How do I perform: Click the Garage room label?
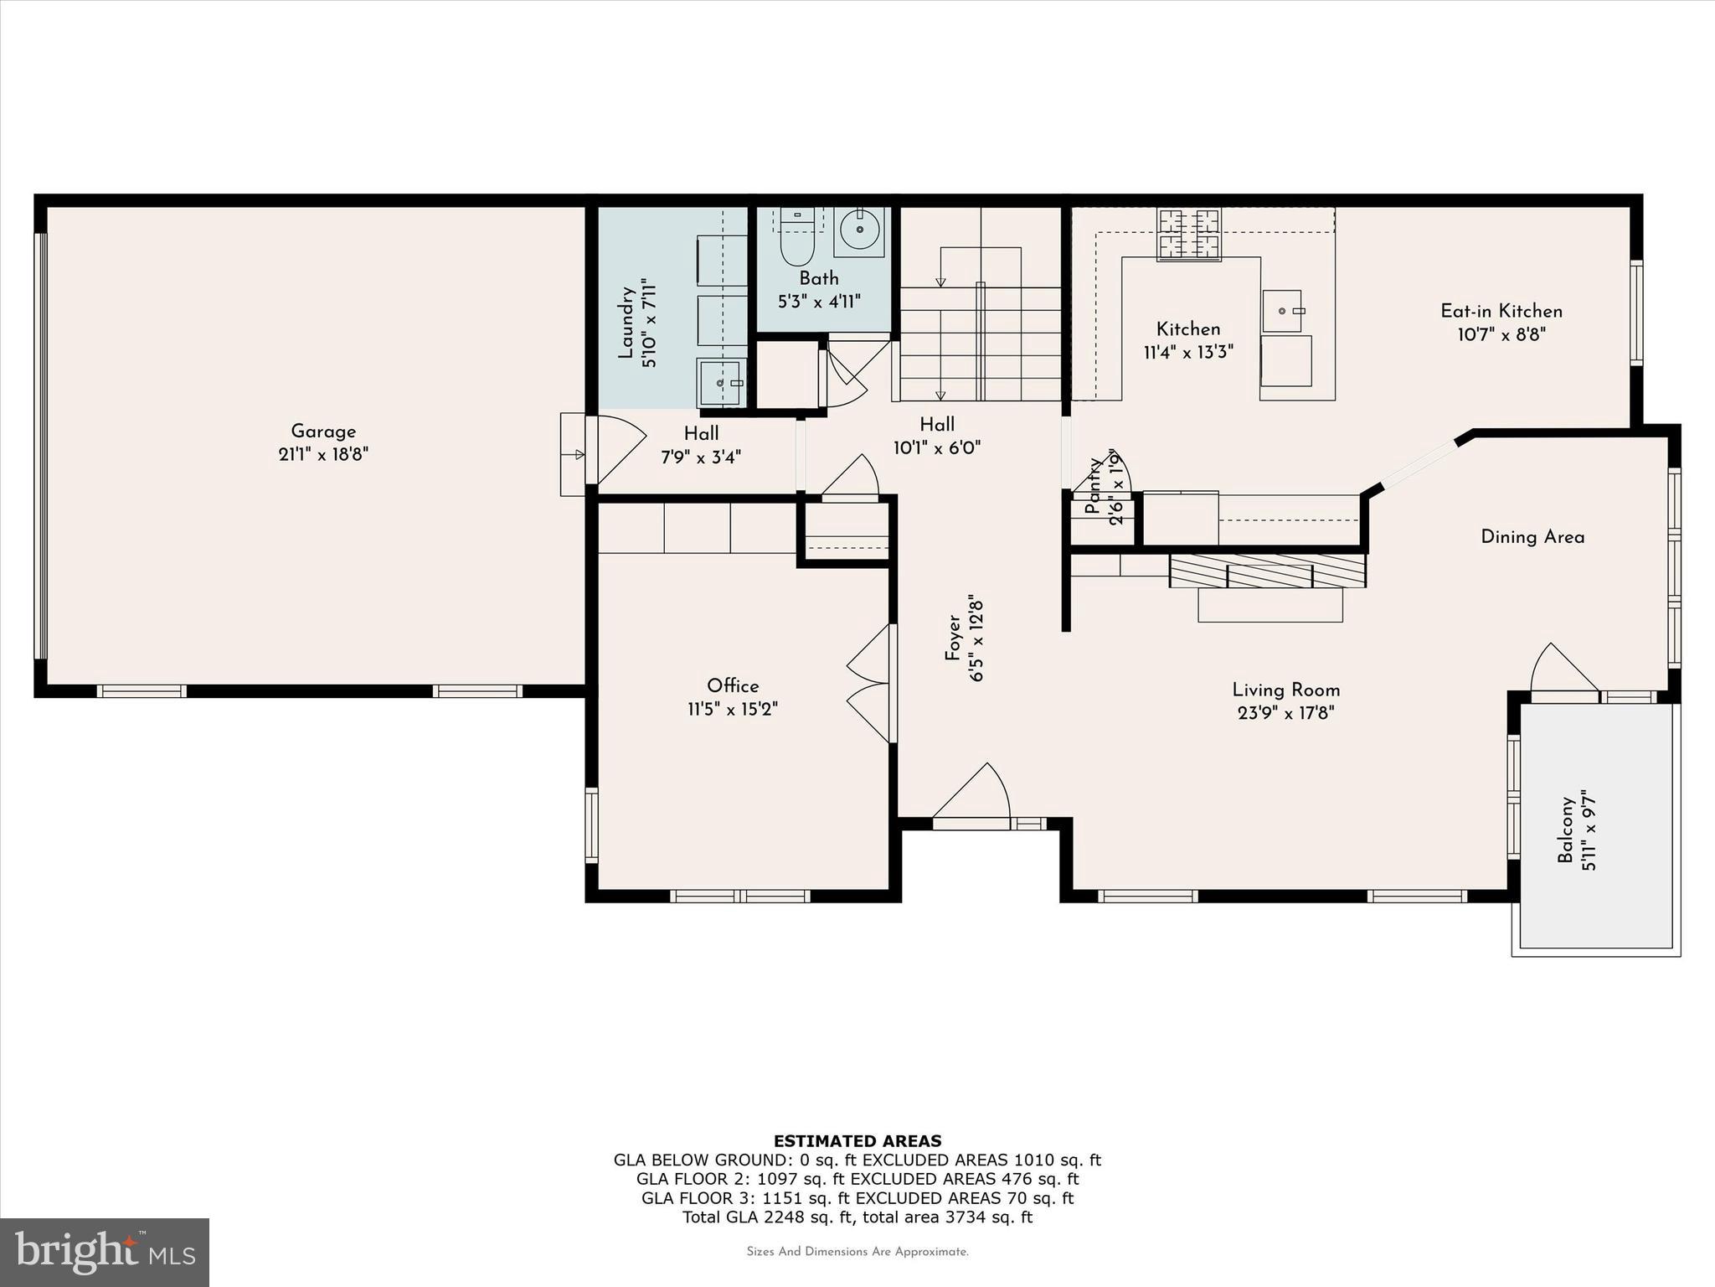tap(323, 432)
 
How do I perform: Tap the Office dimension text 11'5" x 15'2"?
tap(733, 710)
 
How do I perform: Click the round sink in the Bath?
tap(861, 228)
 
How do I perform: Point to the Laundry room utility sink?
tap(721, 382)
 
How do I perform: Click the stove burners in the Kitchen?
tap(1188, 234)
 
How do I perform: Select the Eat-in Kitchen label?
tap(1501, 311)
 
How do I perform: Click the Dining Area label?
tap(1532, 537)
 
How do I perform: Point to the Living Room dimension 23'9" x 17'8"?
tap(1285, 714)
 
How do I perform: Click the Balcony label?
tap(1565, 830)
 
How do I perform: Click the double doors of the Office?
tap(871, 683)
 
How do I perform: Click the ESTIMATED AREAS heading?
tap(857, 1141)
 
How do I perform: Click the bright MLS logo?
tap(105, 1252)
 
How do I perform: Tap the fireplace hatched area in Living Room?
tap(1267, 571)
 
